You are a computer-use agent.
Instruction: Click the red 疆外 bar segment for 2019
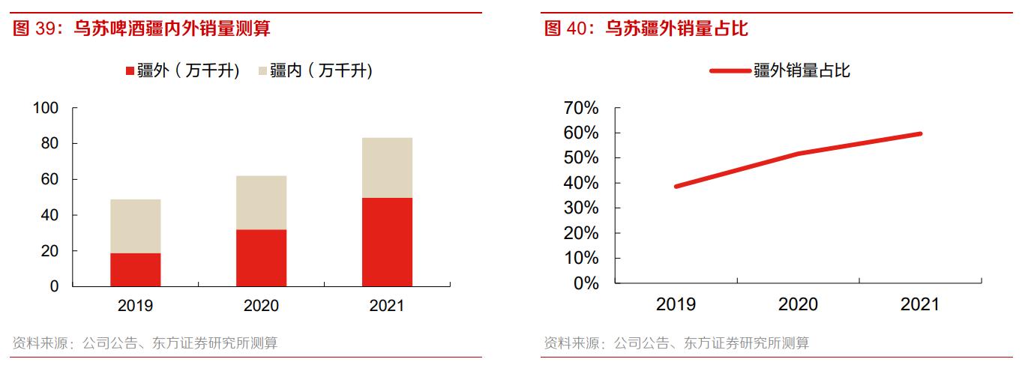coord(135,270)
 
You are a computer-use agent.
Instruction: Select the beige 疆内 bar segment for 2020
coord(261,202)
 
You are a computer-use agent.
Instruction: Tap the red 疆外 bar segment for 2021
coord(387,242)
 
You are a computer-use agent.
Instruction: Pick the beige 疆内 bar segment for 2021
coord(387,167)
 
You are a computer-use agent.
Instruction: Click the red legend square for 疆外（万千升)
coord(130,71)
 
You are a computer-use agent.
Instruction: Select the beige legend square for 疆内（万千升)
coord(262,71)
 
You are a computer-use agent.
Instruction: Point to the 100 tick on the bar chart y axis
coord(46,108)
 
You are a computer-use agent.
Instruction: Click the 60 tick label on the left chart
coord(49,179)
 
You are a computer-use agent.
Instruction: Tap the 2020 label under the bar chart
coord(261,306)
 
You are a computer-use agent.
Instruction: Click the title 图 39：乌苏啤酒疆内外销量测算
coord(142,29)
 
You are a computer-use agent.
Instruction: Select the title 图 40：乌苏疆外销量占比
coord(646,29)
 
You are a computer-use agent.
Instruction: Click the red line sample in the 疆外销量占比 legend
coord(730,71)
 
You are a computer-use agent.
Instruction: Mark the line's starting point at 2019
coord(676,186)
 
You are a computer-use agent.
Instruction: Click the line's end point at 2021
coord(920,133)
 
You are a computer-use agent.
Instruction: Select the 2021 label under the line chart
coord(919,304)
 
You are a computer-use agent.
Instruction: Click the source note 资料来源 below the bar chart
coord(145,343)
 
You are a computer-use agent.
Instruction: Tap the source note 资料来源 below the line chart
coord(676,343)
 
